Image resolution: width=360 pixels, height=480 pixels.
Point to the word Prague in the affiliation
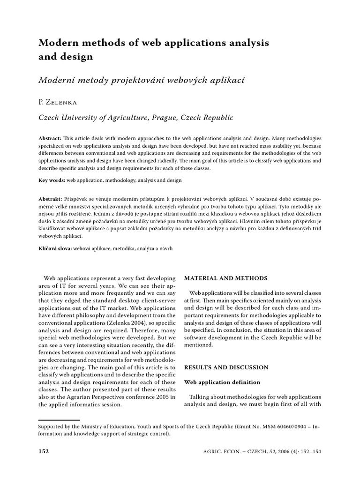click(x=165, y=118)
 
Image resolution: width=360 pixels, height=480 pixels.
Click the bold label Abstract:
click(x=49, y=139)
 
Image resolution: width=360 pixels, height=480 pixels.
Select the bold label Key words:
click(x=52, y=180)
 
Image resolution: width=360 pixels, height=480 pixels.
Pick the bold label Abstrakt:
click(x=50, y=199)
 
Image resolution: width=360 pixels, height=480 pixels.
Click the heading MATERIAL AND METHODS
click(x=225, y=278)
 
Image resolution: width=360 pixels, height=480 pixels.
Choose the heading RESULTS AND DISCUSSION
click(x=226, y=367)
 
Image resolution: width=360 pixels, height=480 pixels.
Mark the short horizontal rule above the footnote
click(x=59, y=420)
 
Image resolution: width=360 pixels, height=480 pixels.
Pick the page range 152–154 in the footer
click(x=307, y=451)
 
